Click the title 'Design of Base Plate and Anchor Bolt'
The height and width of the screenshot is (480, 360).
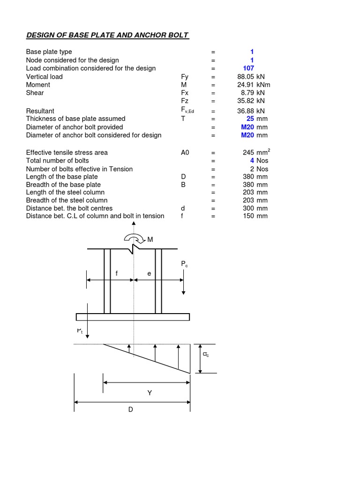[107, 36]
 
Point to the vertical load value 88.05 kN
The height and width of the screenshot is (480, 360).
[251, 76]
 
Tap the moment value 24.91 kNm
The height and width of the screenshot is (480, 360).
[254, 85]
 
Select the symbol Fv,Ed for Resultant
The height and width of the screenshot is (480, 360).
[187, 110]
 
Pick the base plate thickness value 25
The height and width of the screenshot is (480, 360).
[250, 119]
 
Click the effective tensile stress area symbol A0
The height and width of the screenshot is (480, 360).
[185, 153]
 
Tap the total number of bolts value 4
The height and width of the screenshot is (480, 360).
[252, 161]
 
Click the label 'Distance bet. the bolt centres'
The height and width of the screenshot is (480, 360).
[69, 208]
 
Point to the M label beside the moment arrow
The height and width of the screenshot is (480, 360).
[150, 240]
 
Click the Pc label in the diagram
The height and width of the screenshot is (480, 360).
[184, 265]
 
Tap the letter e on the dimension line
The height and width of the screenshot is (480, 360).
[149, 273]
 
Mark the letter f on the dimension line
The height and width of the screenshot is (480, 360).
[116, 273]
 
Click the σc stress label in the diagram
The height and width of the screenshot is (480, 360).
[205, 355]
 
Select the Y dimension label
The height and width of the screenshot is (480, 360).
[150, 393]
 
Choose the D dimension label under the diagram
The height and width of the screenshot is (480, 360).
[131, 409]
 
